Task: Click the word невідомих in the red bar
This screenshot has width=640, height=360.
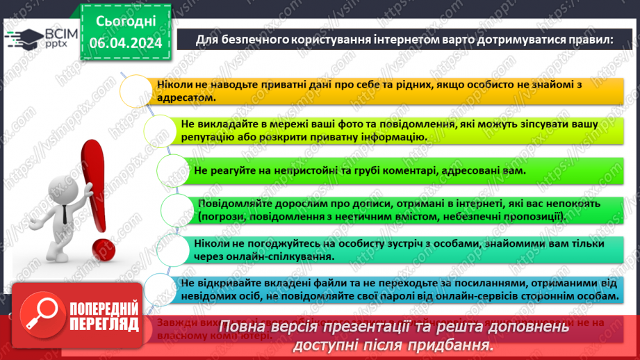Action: pyautogui.click(x=208, y=295)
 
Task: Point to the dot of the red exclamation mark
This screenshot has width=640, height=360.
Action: pyautogui.click(x=102, y=248)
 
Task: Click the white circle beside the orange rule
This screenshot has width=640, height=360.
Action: pyautogui.click(x=136, y=91)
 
